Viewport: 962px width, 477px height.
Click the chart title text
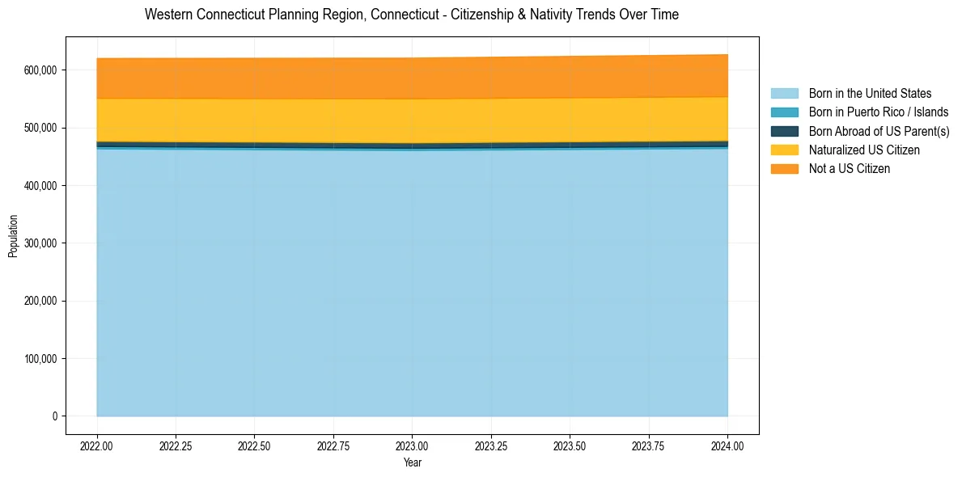click(412, 15)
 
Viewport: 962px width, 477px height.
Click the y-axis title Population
click(13, 236)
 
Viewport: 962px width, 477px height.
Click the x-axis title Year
click(412, 463)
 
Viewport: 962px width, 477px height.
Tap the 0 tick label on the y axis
click(55, 416)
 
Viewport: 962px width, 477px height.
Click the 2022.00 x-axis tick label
click(96, 445)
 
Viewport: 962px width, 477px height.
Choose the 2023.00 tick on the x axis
click(412, 445)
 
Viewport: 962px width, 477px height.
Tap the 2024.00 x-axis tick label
click(727, 445)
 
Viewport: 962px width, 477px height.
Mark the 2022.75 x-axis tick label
click(333, 445)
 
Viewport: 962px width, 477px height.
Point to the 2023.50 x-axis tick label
click(570, 445)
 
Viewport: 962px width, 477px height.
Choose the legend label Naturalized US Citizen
click(864, 150)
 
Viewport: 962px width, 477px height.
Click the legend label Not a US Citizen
click(849, 169)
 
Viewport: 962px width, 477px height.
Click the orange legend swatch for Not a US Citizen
click(784, 169)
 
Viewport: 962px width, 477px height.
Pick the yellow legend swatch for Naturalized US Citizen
click(784, 150)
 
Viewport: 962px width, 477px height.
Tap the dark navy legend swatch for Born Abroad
click(784, 131)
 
